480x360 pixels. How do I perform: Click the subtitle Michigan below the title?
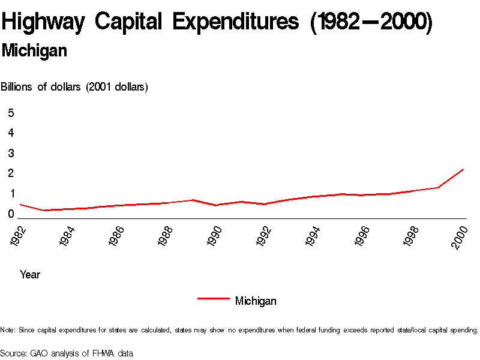click(x=34, y=51)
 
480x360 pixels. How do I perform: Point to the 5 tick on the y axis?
click(x=11, y=113)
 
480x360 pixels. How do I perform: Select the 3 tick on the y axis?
click(x=11, y=153)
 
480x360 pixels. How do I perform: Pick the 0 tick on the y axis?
click(x=11, y=214)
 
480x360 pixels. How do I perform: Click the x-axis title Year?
click(x=30, y=275)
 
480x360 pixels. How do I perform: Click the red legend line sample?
click(x=213, y=298)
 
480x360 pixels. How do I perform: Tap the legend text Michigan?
click(x=256, y=301)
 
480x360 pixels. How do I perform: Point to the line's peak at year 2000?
click(x=463, y=169)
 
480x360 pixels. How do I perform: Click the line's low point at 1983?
click(x=44, y=211)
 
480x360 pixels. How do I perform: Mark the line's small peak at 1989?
click(x=192, y=200)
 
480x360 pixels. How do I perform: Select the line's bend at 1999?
click(x=439, y=188)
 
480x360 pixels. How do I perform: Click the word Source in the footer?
click(x=13, y=353)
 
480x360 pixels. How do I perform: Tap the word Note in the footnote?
click(x=8, y=330)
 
